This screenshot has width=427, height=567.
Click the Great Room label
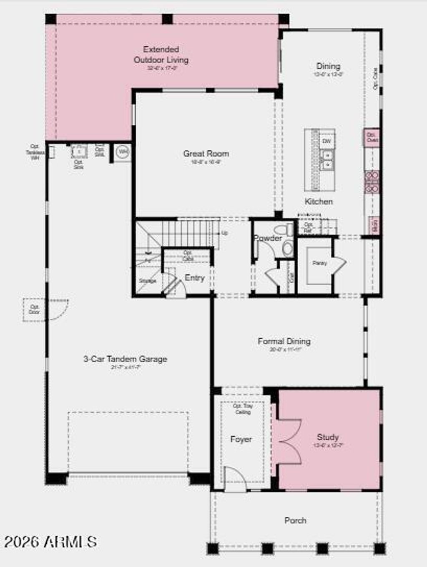click(206, 154)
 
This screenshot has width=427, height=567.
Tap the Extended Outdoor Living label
click(161, 55)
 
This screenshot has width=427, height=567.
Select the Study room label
click(328, 437)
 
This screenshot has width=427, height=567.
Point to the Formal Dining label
click(284, 341)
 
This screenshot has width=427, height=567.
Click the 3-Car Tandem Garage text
click(125, 359)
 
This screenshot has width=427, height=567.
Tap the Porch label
click(295, 520)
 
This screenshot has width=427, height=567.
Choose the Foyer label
click(241, 439)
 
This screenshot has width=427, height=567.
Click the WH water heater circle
click(123, 152)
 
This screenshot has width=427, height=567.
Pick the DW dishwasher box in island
click(327, 142)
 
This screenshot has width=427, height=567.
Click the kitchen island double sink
click(327, 160)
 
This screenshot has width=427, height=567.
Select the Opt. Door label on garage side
click(34, 309)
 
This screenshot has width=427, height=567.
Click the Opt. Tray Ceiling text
click(243, 409)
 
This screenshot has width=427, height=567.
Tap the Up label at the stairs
click(225, 233)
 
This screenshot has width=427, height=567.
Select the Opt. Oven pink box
click(372, 137)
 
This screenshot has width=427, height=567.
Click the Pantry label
click(320, 263)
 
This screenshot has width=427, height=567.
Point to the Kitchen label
click(319, 201)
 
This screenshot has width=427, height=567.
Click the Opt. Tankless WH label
click(35, 152)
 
